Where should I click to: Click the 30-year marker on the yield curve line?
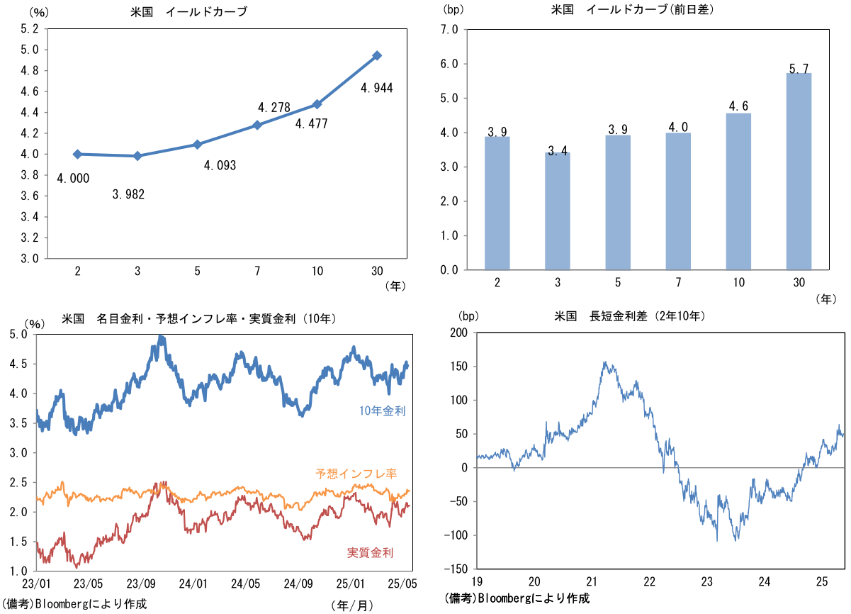click(377, 55)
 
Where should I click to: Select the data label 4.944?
click(376, 89)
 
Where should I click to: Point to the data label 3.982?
click(128, 194)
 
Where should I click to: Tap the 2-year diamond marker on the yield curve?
click(77, 154)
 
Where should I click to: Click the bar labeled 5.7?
click(799, 171)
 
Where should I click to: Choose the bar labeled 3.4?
click(558, 211)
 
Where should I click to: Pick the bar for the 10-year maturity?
click(738, 191)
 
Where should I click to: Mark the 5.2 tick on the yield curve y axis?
click(30, 29)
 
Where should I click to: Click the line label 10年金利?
click(382, 411)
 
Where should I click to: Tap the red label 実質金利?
click(370, 553)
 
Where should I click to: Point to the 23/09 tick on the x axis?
click(140, 584)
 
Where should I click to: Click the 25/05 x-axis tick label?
click(401, 584)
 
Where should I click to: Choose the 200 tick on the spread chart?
click(459, 333)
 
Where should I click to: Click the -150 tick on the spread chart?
click(456, 569)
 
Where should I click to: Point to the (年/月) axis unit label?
click(350, 605)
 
